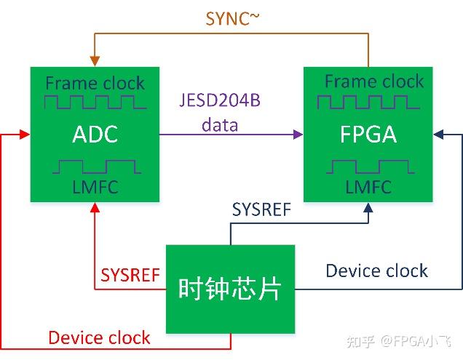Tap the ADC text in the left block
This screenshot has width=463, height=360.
(x=95, y=135)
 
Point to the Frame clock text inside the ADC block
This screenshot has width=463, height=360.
(x=95, y=83)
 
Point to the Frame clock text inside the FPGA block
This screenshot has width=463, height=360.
(x=373, y=81)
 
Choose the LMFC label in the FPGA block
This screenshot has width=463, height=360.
(x=368, y=187)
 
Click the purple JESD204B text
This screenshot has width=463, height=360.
(x=220, y=100)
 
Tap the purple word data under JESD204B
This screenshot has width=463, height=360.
(x=220, y=124)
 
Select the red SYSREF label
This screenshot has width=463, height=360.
(x=130, y=275)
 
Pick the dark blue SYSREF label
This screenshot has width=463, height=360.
(x=261, y=210)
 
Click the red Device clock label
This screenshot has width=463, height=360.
(x=99, y=337)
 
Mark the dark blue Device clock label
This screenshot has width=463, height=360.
(x=376, y=271)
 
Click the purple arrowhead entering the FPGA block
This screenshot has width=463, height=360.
(x=298, y=134)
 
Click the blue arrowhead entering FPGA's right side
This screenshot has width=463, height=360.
(x=439, y=134)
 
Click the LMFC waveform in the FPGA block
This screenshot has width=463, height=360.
(x=368, y=167)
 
